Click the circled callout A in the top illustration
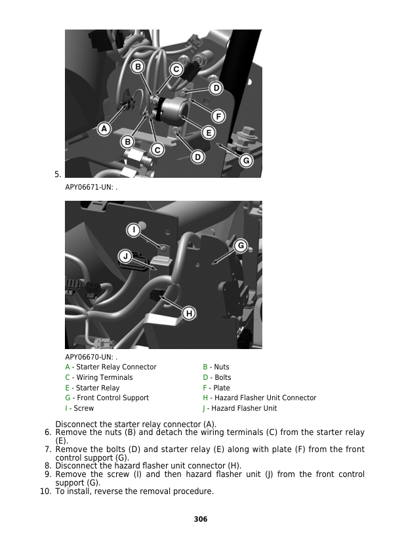point(104,129)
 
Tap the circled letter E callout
point(209,133)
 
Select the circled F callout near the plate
point(218,116)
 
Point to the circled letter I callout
point(134,230)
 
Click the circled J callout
point(125,257)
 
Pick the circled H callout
point(189,314)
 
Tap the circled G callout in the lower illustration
point(241,245)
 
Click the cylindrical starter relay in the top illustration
point(172,109)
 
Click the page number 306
point(201,519)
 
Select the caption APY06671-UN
point(91,187)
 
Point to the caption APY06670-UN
point(91,357)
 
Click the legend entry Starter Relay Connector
point(111,367)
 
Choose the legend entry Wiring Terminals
point(99,377)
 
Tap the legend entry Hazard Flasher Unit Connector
point(260,398)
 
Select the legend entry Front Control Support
point(107,398)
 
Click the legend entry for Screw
point(79,408)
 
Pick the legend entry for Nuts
point(216,367)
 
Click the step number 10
point(45,491)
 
